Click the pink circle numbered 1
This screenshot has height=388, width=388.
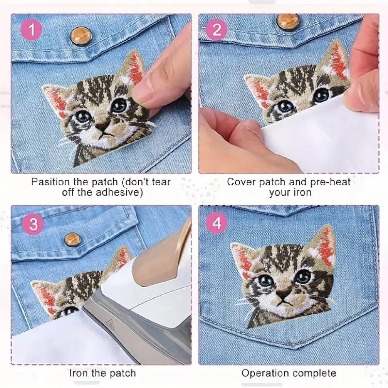(x=32, y=30)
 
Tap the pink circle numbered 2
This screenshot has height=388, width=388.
(x=217, y=30)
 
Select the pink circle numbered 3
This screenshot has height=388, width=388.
(x=33, y=224)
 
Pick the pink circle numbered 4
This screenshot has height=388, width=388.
(x=217, y=223)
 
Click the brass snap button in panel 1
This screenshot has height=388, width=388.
(x=81, y=36)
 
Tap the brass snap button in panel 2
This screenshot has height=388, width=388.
(x=288, y=22)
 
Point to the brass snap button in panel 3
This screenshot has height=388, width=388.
(x=72, y=240)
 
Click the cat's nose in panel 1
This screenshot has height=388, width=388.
(x=102, y=126)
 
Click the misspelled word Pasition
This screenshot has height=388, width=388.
(x=50, y=182)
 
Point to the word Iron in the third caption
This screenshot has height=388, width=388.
(x=79, y=373)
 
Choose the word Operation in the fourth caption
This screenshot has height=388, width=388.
(x=263, y=373)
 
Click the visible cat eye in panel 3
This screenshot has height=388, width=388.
(x=70, y=310)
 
